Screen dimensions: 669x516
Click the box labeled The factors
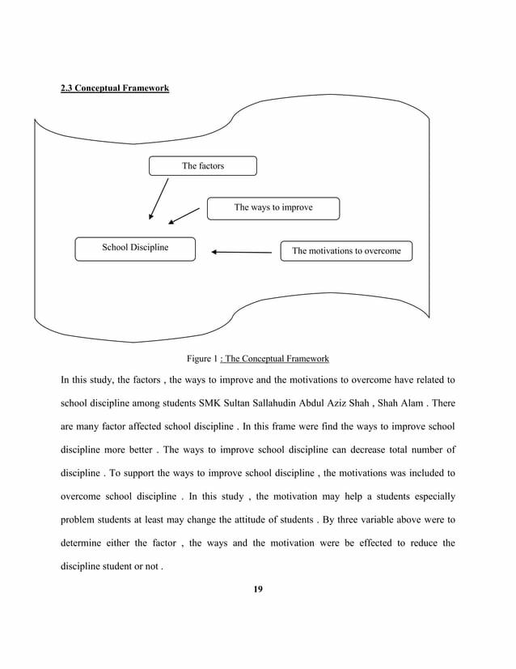(203, 166)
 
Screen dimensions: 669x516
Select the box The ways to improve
(273, 208)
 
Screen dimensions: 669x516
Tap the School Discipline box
(135, 249)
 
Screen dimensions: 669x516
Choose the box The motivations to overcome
(345, 251)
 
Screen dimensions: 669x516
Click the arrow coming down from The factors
(159, 198)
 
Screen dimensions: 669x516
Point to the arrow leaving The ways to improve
(184, 215)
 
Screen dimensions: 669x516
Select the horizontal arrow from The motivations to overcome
(241, 252)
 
